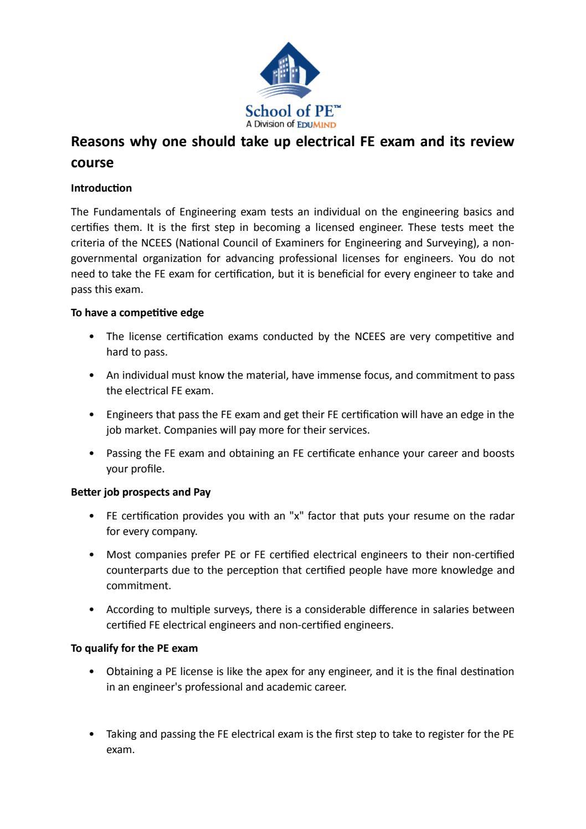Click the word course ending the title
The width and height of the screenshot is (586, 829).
[92, 163]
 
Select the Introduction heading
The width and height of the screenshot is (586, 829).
[101, 188]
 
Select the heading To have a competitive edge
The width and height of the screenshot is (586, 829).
[137, 313]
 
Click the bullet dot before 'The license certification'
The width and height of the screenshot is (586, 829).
[91, 337]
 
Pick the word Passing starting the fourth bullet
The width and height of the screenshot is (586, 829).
[125, 454]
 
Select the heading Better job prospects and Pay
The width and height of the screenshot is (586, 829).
[141, 492]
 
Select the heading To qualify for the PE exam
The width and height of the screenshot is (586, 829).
[134, 648]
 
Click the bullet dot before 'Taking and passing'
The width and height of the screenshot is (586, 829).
[91, 734]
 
